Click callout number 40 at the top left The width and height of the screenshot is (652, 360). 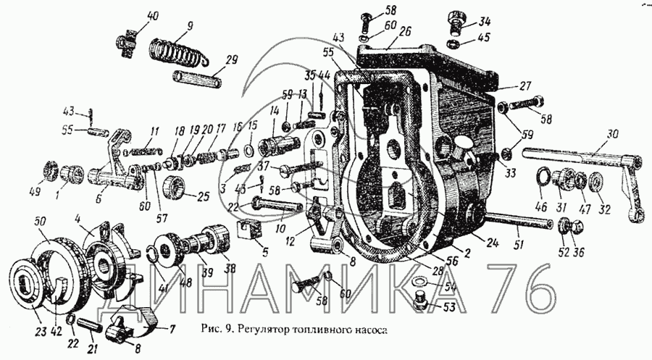pos(133,17)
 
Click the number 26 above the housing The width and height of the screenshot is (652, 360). pos(404,32)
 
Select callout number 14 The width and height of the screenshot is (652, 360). pos(275,111)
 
